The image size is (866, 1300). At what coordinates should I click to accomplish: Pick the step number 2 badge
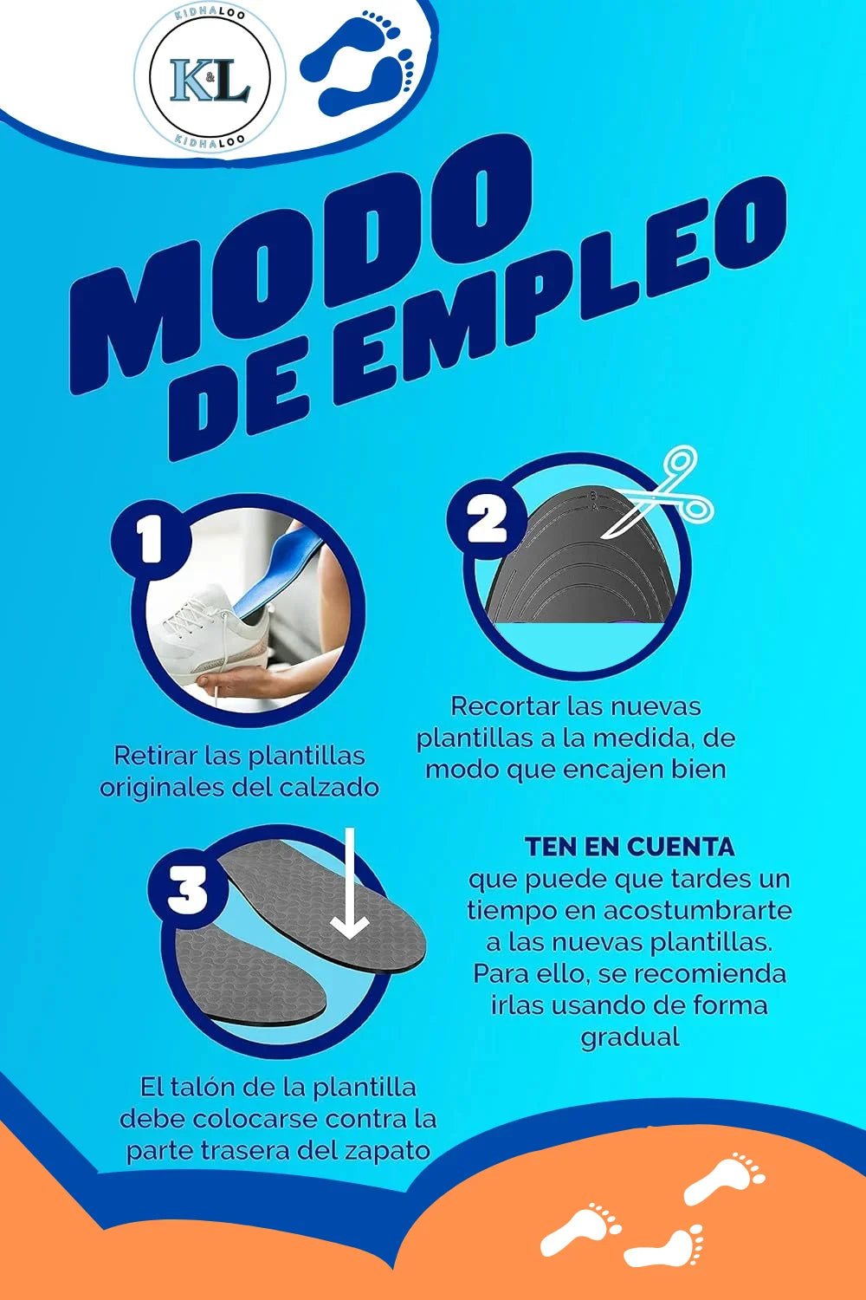pos(487,520)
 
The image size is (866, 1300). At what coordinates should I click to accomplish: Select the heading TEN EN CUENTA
pos(630,847)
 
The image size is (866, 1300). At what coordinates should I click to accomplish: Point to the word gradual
pos(630,1037)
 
